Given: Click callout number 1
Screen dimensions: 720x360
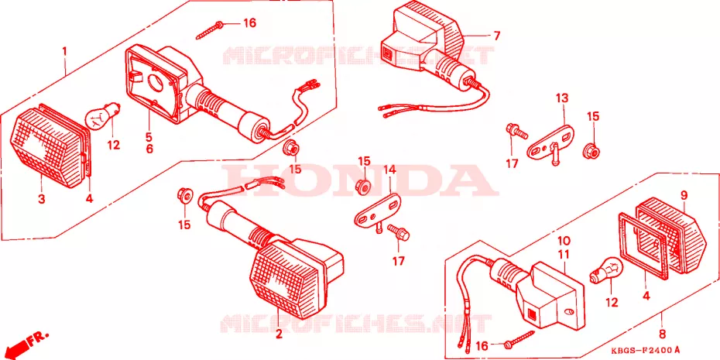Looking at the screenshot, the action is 65,50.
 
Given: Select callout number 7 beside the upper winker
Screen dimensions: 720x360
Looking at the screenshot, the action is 497,36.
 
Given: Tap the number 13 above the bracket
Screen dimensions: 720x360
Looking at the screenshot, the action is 562,98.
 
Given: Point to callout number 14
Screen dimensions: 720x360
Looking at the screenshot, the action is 389,170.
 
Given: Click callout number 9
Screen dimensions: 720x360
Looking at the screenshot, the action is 684,196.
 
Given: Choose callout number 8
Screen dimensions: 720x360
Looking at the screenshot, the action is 662,334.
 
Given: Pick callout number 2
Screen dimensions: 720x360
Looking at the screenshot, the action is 278,334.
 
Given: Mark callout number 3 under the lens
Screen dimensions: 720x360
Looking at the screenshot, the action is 42,199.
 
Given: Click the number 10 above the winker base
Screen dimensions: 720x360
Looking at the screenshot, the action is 564,241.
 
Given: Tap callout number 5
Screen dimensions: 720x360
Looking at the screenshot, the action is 149,137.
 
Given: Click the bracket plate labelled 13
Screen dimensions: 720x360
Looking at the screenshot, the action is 550,142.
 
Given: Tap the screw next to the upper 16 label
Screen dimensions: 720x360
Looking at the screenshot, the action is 210,29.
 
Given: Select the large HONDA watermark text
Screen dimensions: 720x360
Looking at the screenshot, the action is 360,180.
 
